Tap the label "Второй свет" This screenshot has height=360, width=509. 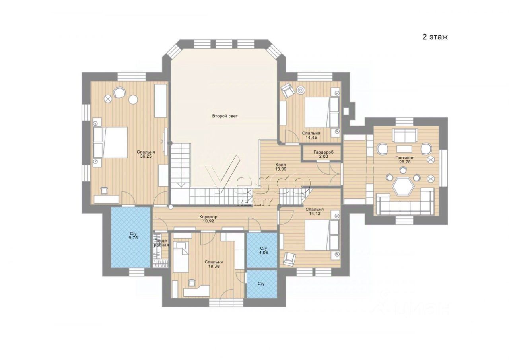pos(225,116)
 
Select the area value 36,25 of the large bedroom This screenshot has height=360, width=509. pos(146,156)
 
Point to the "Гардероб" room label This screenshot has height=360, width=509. pos(324,152)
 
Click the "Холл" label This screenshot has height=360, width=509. pos(281,165)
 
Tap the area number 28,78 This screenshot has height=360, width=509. pos(405,162)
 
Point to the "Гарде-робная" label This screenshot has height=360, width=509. pos(161,243)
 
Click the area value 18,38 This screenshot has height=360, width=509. pos(214,266)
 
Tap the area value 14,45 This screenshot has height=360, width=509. pos(311,138)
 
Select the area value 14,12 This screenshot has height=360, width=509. pos(315,213)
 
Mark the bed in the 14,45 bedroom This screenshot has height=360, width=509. pos(322,112)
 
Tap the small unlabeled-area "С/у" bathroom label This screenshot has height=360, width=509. pos(261,284)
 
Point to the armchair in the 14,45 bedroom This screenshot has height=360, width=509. pos(288,90)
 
